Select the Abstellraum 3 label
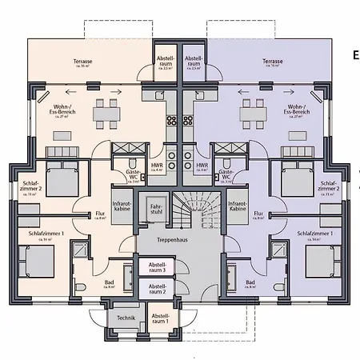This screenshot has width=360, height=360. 157,267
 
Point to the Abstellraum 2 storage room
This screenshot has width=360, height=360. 157,288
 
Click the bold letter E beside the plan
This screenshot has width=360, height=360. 355,55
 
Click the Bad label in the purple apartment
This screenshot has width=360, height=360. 250,282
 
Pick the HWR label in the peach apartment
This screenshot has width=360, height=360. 157,166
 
